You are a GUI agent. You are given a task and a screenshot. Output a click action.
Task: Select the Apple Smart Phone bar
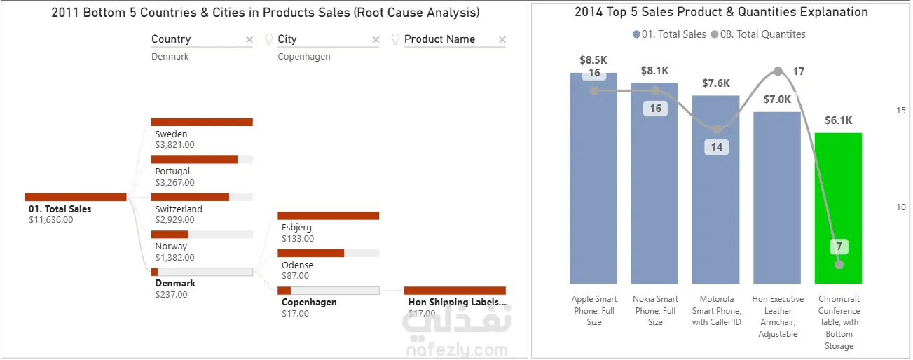tap(593, 189)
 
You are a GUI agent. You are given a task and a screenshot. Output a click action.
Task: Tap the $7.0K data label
tap(777, 99)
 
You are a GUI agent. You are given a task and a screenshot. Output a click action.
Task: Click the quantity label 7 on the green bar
tap(839, 247)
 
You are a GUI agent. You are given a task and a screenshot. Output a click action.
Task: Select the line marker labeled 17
tap(778, 71)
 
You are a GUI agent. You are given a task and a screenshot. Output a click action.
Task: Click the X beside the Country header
tap(249, 40)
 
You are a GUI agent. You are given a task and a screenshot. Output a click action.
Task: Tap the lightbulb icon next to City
tap(268, 39)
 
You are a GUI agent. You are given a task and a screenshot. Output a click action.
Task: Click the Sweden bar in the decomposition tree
tap(202, 122)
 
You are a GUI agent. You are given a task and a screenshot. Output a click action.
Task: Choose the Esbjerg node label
tap(296, 228)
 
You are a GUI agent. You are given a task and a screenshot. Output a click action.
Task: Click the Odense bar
tap(310, 253)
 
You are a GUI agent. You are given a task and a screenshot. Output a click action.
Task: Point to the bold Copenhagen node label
tap(309, 303)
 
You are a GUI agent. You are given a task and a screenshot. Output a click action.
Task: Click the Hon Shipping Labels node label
tap(456, 303)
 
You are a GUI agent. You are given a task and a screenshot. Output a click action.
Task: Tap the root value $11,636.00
tap(50, 220)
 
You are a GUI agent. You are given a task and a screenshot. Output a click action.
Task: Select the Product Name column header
tap(439, 39)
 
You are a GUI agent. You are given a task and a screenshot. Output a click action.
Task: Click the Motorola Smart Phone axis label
tap(716, 310)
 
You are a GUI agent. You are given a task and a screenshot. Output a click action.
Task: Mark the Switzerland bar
tap(190, 197)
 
